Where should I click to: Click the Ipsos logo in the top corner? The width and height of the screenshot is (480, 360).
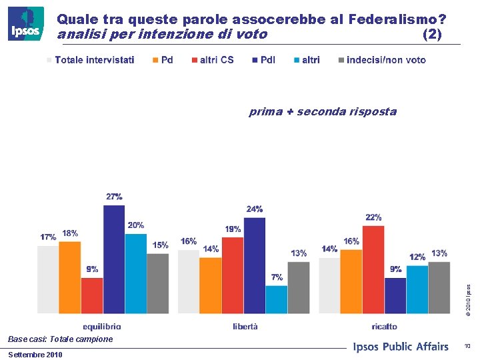point(25,24)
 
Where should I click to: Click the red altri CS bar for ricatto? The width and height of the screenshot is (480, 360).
point(373,269)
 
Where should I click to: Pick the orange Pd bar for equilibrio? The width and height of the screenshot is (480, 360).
point(70,277)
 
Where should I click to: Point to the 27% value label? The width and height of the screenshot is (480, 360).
point(114,197)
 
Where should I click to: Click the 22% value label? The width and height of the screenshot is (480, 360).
point(373,217)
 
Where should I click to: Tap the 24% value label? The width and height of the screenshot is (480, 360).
point(254,209)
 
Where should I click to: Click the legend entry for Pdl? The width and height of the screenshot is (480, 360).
point(263,60)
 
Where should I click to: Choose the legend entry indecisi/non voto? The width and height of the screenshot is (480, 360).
point(381,60)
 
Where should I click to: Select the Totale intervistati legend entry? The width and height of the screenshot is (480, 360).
point(90,60)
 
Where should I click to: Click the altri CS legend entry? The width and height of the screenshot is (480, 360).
point(212,60)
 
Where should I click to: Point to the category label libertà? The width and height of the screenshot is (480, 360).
point(245,326)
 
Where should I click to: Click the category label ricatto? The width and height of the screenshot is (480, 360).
point(385,326)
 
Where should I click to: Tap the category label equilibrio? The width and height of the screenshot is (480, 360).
point(102,326)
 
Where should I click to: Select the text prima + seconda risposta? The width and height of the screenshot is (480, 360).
point(323,111)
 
